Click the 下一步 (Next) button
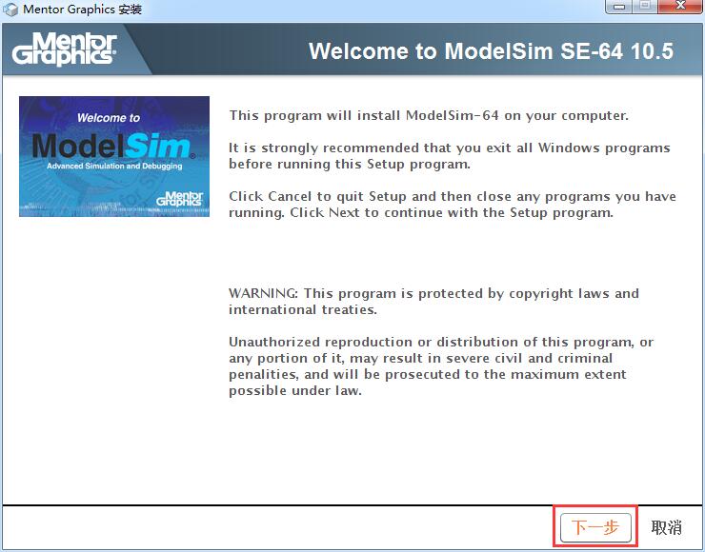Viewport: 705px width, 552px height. click(595, 527)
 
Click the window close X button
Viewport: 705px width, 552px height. click(680, 6)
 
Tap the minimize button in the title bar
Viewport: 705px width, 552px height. click(619, 6)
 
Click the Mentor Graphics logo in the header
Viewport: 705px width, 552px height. click(64, 49)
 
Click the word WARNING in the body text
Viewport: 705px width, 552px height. click(263, 293)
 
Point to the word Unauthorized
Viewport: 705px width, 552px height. click(275, 342)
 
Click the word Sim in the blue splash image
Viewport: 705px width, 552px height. click(157, 147)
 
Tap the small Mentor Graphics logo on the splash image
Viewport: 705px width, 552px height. click(180, 199)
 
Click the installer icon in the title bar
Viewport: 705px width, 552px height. click(10, 9)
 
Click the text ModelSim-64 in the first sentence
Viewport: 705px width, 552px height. click(452, 115)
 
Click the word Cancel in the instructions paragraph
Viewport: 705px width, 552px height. click(290, 196)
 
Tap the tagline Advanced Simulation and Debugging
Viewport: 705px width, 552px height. click(114, 167)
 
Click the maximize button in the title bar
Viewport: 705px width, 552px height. click(646, 6)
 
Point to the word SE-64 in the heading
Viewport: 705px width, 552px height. click(592, 50)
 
